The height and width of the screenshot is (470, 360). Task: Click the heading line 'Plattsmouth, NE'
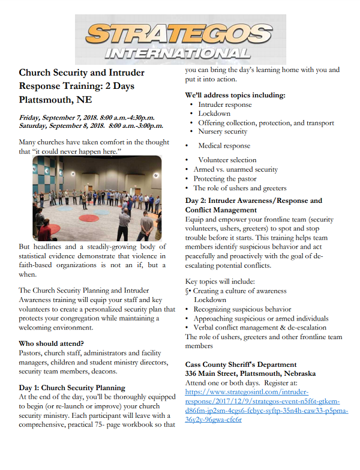click(x=55, y=99)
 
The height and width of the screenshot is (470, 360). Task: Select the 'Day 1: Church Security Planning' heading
click(x=72, y=388)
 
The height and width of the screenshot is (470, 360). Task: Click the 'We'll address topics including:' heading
click(x=235, y=95)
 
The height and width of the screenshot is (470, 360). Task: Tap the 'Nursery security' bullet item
click(x=223, y=131)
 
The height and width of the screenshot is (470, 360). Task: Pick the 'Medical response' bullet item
click(x=224, y=146)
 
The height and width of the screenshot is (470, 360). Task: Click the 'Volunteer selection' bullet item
click(x=227, y=160)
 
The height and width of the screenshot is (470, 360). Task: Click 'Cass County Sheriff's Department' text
click(x=241, y=364)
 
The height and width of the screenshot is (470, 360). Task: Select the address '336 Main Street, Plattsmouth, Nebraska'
click(x=251, y=373)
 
